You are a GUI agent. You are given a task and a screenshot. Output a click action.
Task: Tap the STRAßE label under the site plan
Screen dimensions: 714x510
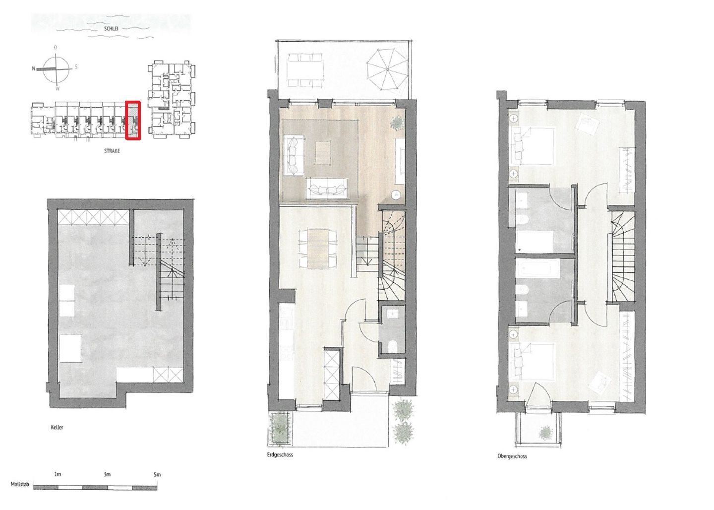click(x=112, y=151)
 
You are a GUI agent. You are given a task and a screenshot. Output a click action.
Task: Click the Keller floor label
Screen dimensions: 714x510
click(x=57, y=427)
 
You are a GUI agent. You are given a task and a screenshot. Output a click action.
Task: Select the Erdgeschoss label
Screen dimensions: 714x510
click(x=280, y=455)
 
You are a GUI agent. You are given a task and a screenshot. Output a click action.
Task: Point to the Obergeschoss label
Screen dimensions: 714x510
click(x=512, y=456)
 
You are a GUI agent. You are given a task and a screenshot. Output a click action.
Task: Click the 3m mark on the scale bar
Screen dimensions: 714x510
click(x=107, y=474)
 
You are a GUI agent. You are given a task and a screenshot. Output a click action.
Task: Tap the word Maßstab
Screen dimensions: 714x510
click(x=20, y=484)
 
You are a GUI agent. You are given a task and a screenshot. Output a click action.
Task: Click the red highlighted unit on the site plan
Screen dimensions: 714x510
click(x=133, y=120)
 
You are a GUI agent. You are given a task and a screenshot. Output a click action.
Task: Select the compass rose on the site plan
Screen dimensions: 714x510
click(x=56, y=68)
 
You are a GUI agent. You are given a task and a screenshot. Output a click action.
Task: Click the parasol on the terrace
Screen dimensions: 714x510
click(x=387, y=69)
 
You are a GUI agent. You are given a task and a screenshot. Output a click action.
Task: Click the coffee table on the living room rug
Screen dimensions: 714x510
click(x=323, y=152)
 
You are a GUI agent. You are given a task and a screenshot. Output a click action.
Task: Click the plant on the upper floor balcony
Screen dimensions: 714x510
click(x=545, y=433)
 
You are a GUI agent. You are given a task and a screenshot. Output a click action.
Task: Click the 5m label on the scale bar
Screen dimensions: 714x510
click(x=157, y=474)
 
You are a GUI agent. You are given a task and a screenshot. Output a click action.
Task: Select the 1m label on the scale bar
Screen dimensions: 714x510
click(x=58, y=474)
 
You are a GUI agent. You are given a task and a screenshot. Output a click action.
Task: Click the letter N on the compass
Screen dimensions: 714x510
click(x=34, y=68)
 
